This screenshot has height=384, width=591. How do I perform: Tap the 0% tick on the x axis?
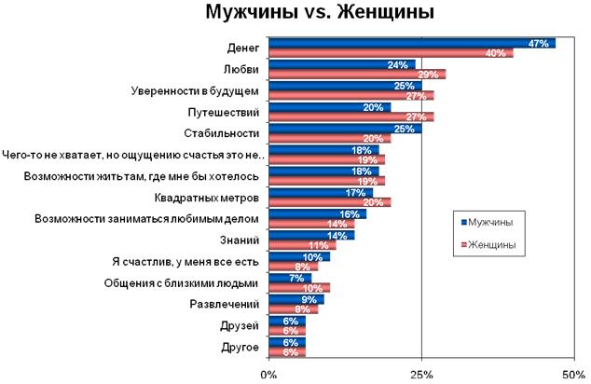click(268, 374)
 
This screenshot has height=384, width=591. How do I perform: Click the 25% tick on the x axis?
click(421, 374)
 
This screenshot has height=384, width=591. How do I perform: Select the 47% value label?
click(537, 43)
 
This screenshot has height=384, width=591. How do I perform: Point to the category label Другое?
click(239, 349)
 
